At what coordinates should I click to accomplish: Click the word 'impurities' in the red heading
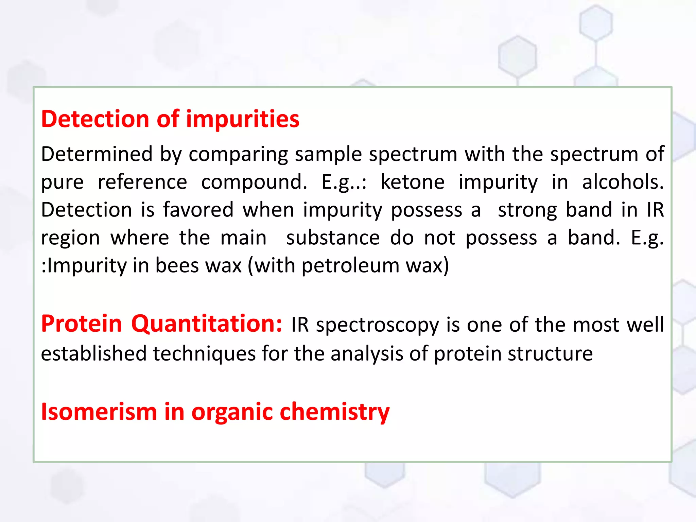point(243,119)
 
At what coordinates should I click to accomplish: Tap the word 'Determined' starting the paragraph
point(97,154)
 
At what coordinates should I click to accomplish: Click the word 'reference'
point(142,182)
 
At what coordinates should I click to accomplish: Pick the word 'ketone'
point(412,182)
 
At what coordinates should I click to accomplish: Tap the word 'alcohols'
point(623,182)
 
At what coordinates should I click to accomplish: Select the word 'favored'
point(198,210)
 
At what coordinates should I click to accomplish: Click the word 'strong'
point(527,210)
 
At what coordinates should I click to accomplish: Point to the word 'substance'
point(333,238)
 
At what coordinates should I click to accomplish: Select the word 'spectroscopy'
point(378,325)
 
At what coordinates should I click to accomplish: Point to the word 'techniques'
point(204,353)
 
